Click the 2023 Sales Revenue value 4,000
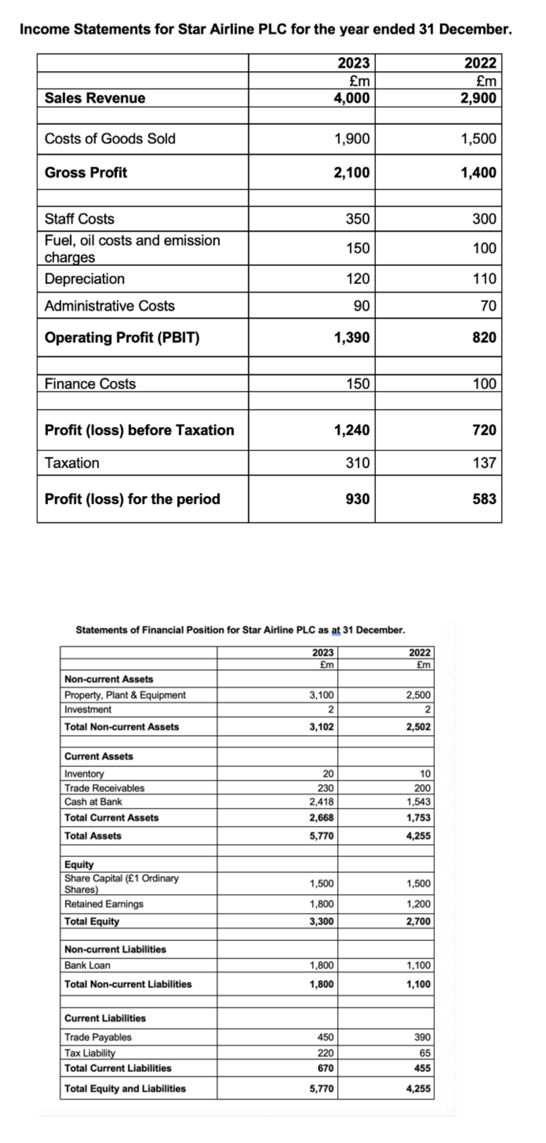(x=351, y=98)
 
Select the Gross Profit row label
(x=86, y=172)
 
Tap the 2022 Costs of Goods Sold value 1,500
(x=479, y=139)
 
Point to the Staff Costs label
(x=80, y=219)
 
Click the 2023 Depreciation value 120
(x=358, y=279)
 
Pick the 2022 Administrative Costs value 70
(x=488, y=306)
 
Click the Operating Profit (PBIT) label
(x=122, y=337)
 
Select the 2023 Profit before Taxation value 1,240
(x=351, y=430)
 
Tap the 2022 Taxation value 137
(x=484, y=463)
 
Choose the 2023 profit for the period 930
(x=358, y=499)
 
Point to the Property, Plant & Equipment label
(x=125, y=695)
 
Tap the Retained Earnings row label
(x=104, y=904)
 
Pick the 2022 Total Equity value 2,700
(x=418, y=921)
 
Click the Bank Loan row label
(x=87, y=965)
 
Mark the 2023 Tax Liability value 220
(x=326, y=1053)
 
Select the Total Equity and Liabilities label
(x=125, y=1089)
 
